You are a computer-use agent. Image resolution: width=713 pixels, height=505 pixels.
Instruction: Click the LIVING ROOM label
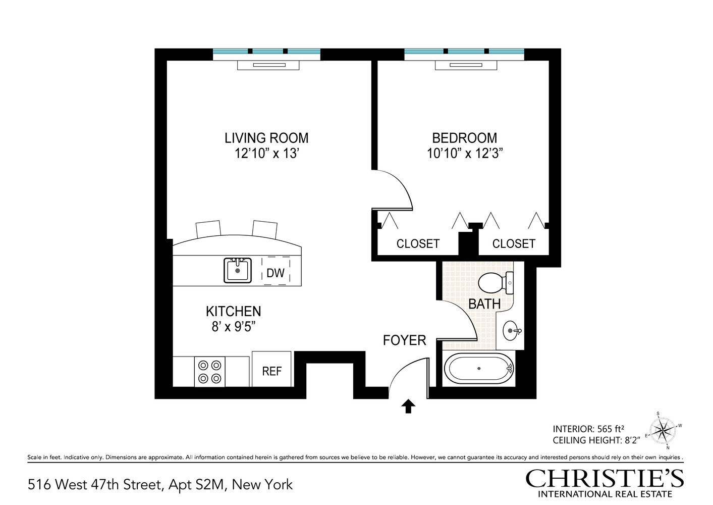pos(266,138)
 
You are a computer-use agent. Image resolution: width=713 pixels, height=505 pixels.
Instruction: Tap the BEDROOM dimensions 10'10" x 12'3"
pos(465,154)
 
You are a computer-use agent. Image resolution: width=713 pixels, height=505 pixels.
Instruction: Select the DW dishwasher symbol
pos(276,273)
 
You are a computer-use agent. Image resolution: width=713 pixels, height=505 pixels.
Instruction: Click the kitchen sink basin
pos(238,270)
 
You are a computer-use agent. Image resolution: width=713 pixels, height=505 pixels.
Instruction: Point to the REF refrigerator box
pos(271,370)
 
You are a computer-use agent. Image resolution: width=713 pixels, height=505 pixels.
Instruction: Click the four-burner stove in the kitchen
pos(210,371)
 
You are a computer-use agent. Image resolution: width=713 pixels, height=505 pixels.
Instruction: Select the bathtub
pos(478,369)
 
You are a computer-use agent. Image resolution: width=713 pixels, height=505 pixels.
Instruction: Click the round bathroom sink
pos(512,331)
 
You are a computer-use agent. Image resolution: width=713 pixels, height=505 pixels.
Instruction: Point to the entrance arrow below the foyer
pos(408,406)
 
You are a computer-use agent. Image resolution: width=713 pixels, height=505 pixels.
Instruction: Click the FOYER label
pos(404,340)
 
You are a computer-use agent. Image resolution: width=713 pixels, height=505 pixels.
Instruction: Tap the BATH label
pos(484,304)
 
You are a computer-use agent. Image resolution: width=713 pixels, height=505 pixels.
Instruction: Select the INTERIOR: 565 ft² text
pos(589,429)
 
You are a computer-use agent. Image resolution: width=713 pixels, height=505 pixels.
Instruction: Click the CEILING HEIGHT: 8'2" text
pos(596,440)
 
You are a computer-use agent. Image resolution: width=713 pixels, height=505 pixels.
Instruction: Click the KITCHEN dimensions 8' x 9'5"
pos(233,327)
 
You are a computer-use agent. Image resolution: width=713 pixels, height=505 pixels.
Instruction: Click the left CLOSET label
pos(418,244)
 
